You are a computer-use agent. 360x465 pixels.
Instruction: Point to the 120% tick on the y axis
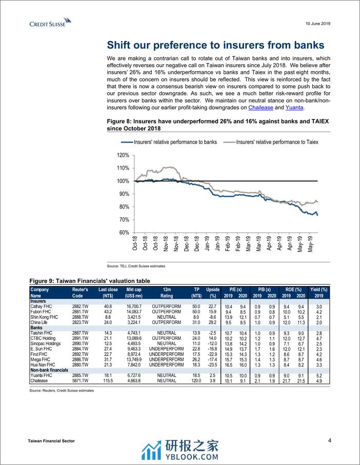[123, 155]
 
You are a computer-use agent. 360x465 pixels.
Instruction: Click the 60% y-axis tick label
[124, 232]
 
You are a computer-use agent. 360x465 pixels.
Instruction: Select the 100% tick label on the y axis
[123, 181]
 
